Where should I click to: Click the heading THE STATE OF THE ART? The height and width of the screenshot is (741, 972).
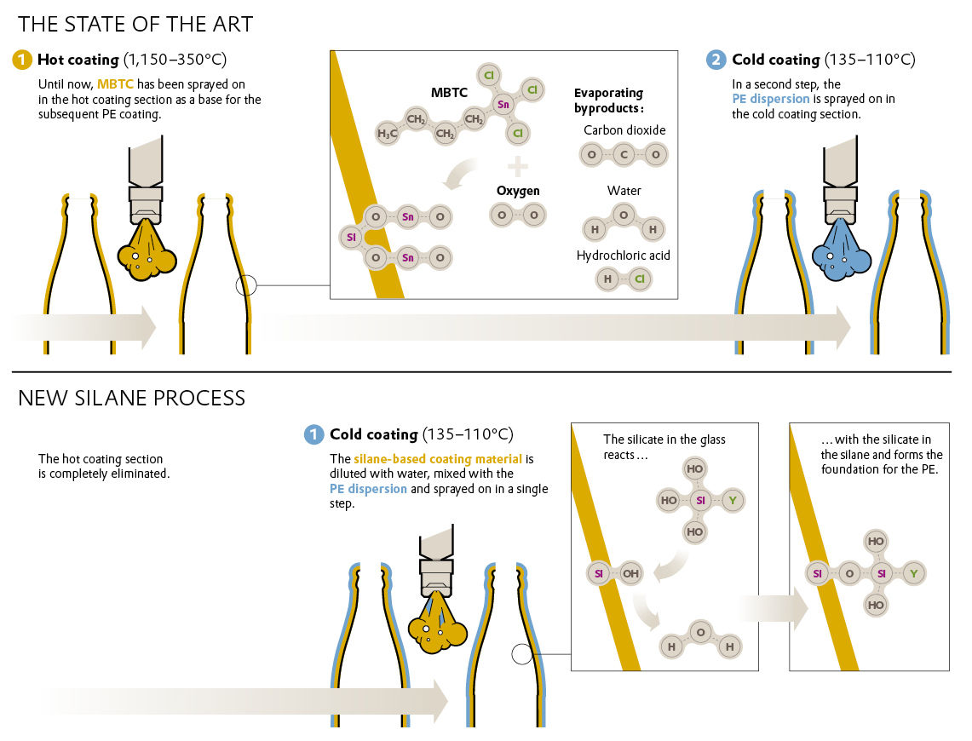tap(135, 24)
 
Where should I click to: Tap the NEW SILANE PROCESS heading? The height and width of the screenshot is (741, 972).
tap(131, 398)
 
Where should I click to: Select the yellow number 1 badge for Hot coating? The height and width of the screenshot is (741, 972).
tap(21, 60)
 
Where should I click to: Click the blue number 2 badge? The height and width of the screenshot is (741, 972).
tap(716, 60)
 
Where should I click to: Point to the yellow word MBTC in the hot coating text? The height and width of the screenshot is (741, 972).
tap(115, 84)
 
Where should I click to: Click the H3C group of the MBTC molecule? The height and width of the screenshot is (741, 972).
tap(388, 133)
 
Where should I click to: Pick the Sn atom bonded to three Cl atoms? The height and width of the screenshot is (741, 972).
tap(503, 104)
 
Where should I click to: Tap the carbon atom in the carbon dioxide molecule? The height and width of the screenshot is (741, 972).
tap(624, 154)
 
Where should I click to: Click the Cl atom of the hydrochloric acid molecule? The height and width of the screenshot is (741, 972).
tap(639, 279)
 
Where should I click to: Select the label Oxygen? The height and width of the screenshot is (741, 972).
tap(518, 191)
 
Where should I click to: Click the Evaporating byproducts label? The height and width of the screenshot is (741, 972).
tap(609, 101)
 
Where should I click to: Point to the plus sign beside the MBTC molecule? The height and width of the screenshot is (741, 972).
tap(518, 166)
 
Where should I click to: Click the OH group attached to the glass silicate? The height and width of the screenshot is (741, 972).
tap(630, 574)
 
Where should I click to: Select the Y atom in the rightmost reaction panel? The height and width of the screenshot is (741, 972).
tap(913, 574)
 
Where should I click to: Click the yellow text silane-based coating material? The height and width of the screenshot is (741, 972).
tap(438, 459)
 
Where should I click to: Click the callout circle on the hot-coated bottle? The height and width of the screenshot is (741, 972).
tap(246, 285)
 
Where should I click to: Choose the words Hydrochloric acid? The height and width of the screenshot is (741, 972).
tap(623, 256)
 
